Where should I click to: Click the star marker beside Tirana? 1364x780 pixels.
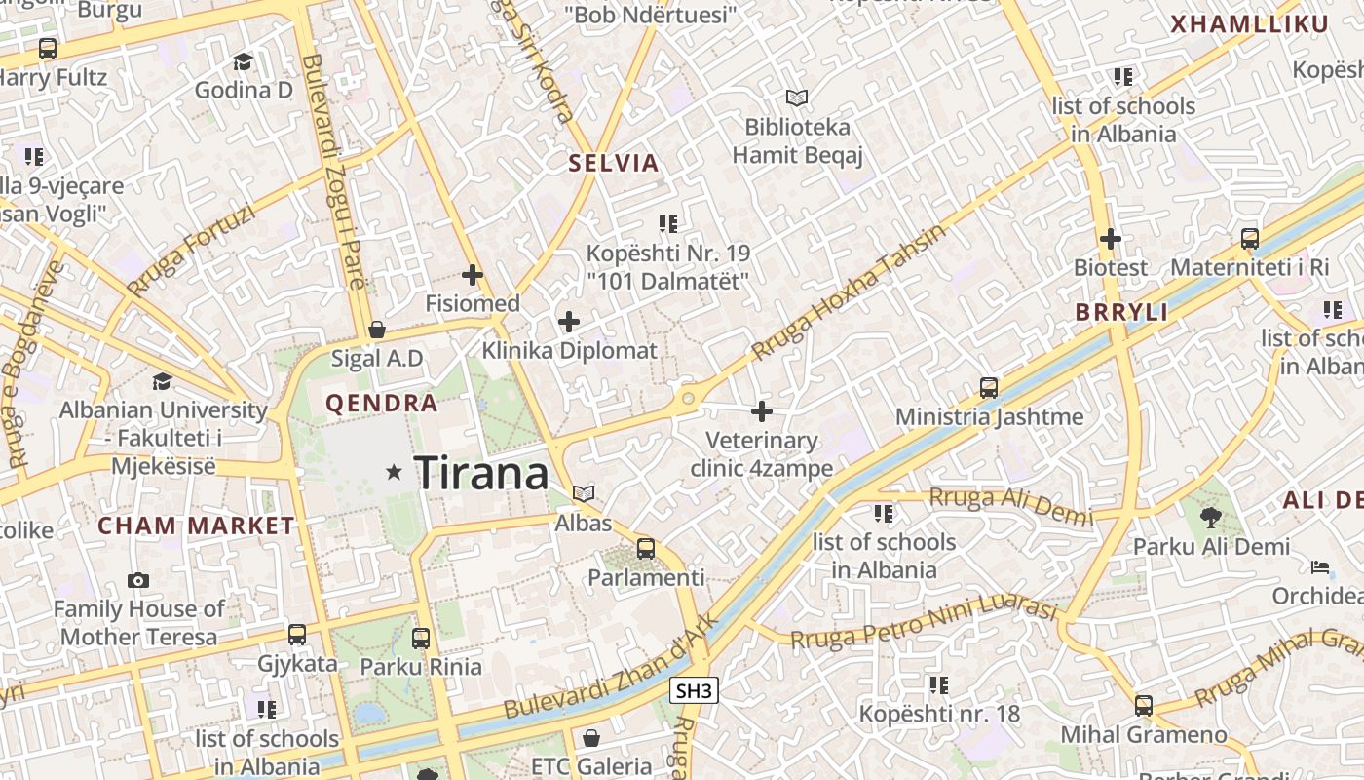tap(394, 473)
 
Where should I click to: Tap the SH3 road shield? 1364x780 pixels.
tap(695, 691)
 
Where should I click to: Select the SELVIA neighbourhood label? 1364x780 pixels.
tap(614, 163)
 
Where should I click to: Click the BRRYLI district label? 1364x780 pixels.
tap(1121, 313)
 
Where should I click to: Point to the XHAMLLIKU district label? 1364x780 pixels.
tap(1249, 24)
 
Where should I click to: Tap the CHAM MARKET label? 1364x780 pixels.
tap(196, 526)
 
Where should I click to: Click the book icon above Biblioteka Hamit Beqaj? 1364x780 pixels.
tap(797, 97)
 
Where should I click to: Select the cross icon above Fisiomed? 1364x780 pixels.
tap(473, 275)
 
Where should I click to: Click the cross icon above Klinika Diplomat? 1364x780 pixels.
tap(569, 322)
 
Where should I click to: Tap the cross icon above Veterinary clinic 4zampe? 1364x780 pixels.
tap(762, 411)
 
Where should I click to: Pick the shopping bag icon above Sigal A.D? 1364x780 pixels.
tap(377, 330)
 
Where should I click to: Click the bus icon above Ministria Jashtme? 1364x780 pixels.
tap(989, 388)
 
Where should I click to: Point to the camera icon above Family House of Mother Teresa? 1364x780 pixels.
tap(138, 580)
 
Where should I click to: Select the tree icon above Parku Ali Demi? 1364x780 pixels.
tap(1211, 517)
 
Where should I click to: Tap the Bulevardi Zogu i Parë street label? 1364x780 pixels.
tap(333, 173)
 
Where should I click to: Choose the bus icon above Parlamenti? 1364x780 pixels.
tap(646, 548)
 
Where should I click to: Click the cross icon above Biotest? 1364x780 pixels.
tap(1110, 238)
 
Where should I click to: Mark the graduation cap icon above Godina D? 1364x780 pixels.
tap(243, 61)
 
